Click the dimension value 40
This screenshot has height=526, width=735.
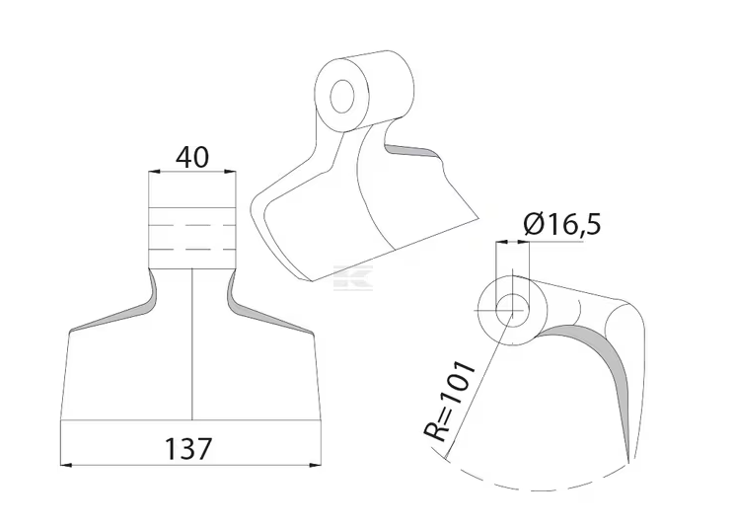[192, 158]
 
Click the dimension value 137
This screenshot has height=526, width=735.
[188, 449]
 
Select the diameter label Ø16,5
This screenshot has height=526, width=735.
[562, 224]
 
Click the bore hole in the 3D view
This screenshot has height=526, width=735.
[341, 97]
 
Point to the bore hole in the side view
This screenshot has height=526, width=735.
[512, 310]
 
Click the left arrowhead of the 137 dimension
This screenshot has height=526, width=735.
[66, 465]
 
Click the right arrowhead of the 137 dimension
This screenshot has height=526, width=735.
[316, 465]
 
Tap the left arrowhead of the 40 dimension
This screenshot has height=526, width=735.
[155, 172]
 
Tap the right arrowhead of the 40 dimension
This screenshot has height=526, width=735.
[230, 172]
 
